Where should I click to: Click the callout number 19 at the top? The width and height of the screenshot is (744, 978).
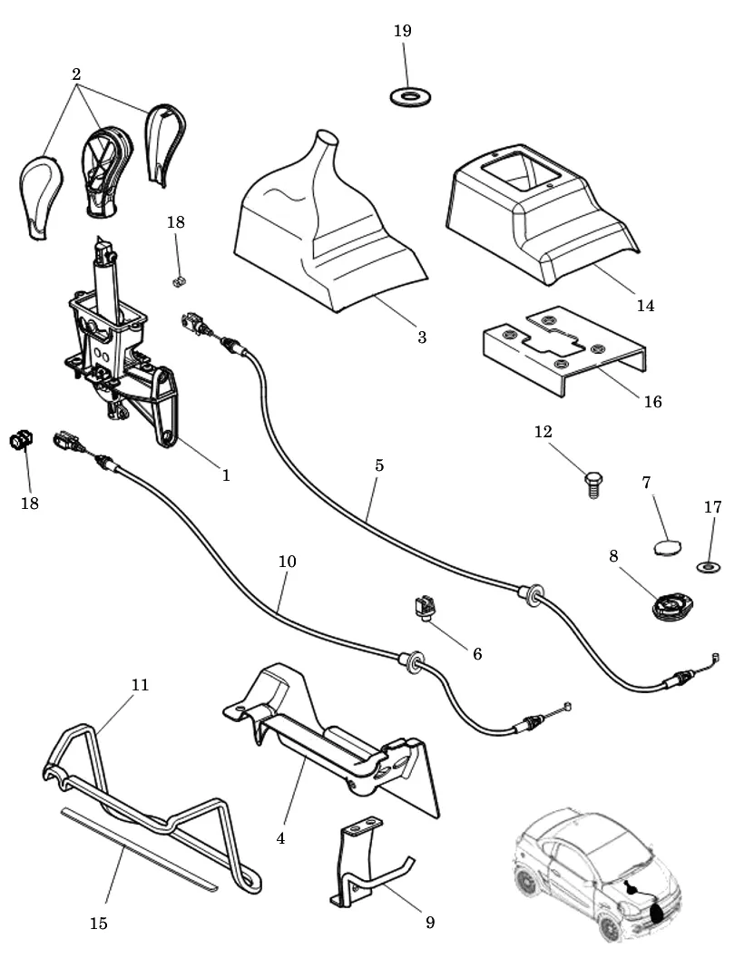[x=403, y=31]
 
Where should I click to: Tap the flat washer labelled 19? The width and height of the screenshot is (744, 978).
[x=412, y=97]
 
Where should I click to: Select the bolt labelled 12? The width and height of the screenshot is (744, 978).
[x=593, y=484]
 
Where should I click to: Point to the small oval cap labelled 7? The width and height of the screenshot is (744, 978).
[x=667, y=548]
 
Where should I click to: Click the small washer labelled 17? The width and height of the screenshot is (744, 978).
[x=709, y=567]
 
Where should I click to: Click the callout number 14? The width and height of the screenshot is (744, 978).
[x=645, y=306]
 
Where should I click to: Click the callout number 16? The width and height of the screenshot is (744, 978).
[x=652, y=401]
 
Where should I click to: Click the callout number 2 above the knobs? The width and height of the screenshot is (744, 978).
[x=76, y=74]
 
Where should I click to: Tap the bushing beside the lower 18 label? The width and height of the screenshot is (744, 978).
[x=21, y=440]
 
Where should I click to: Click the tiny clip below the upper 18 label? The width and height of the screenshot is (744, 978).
[x=178, y=282]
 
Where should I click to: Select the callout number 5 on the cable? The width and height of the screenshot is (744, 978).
[x=379, y=465]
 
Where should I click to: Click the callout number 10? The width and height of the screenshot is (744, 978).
[x=287, y=561]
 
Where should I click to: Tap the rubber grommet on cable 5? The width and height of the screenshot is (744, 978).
[x=531, y=593]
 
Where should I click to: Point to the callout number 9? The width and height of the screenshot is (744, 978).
[x=430, y=922]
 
